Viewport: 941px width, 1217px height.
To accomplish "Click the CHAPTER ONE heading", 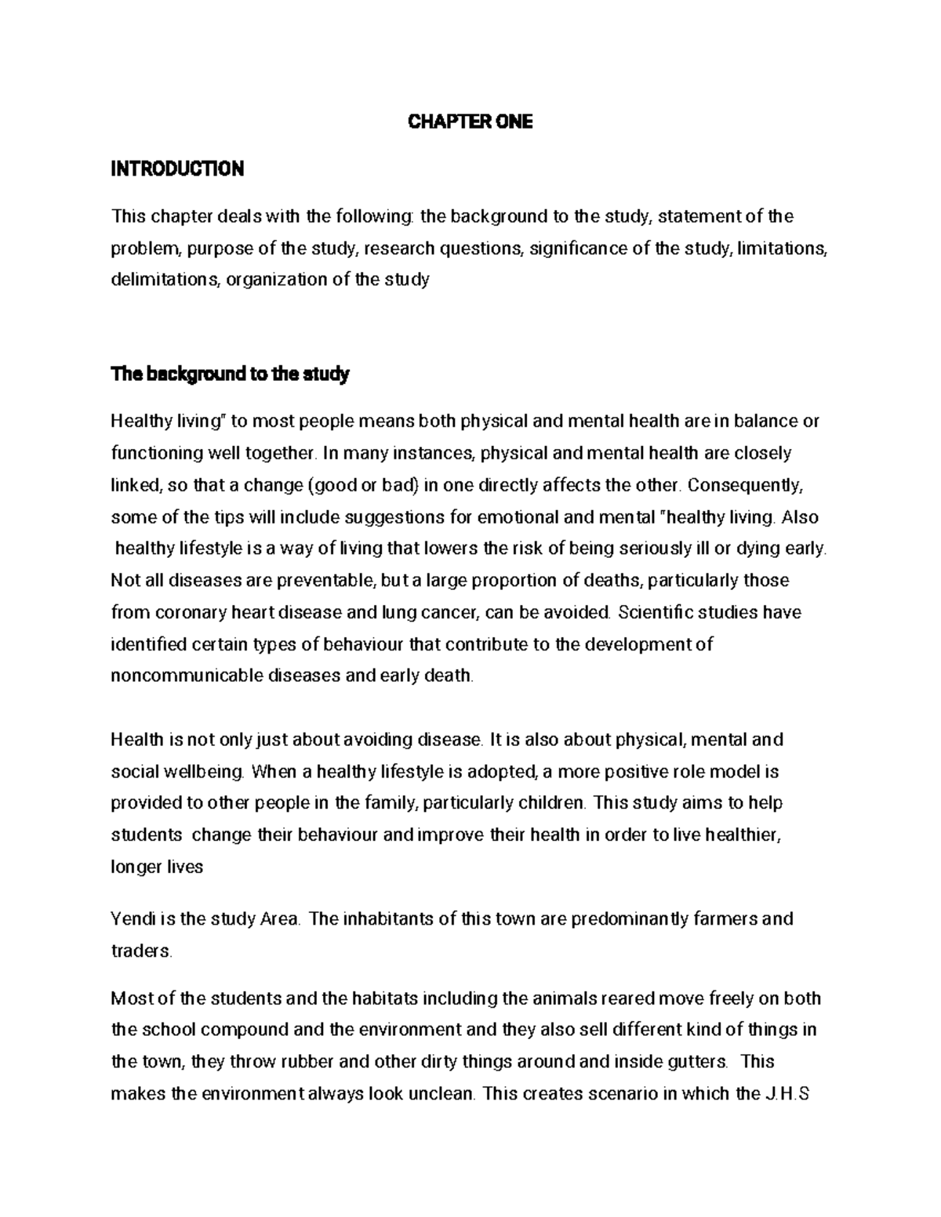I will point(470,121).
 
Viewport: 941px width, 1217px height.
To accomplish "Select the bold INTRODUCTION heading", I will point(177,168).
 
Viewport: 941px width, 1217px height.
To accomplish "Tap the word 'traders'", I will point(140,951).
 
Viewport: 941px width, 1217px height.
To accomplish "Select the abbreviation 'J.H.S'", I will point(785,1093).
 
